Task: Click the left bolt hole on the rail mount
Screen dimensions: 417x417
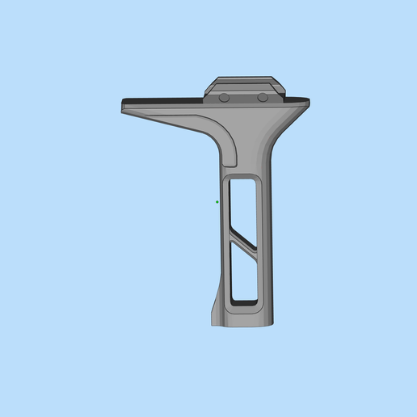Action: click(224, 97)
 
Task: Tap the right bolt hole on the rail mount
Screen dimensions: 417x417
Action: click(263, 97)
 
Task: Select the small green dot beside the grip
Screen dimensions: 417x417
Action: click(217, 202)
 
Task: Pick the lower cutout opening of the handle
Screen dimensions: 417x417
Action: click(243, 279)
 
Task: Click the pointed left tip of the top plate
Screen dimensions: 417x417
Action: click(124, 110)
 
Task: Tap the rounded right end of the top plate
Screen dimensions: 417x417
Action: click(306, 103)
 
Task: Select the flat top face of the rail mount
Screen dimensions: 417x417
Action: click(245, 81)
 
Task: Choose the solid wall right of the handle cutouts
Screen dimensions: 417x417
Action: click(265, 242)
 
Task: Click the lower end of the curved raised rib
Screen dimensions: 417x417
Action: click(230, 158)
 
